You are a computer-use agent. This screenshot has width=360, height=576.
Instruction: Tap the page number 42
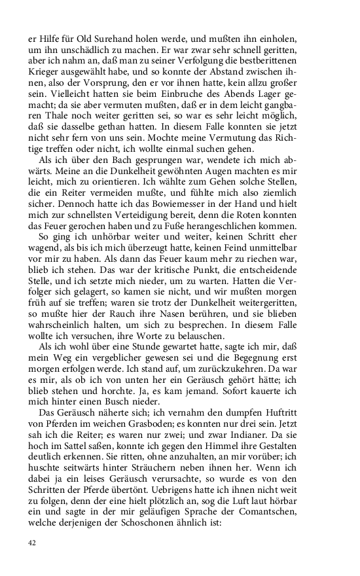tap(33, 543)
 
